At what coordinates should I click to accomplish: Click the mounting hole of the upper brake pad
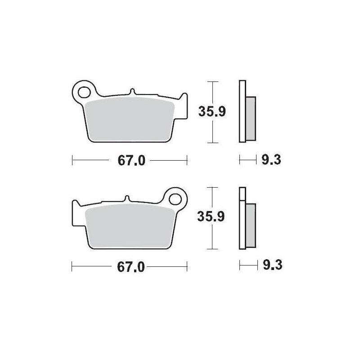[x=84, y=92]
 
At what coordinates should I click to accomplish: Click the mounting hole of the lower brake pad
[x=175, y=199]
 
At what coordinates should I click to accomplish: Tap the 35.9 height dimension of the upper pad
[x=212, y=112]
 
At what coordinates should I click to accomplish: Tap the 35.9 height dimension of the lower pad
[x=211, y=216]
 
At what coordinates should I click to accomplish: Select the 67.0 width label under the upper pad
[x=131, y=160]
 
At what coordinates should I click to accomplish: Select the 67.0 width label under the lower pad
[x=130, y=267]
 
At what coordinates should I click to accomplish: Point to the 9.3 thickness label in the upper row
[x=271, y=160]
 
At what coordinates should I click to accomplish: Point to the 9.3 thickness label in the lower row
[x=273, y=265]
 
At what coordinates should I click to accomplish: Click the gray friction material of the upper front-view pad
[x=129, y=119]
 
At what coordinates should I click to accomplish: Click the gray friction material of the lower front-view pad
[x=130, y=226]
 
